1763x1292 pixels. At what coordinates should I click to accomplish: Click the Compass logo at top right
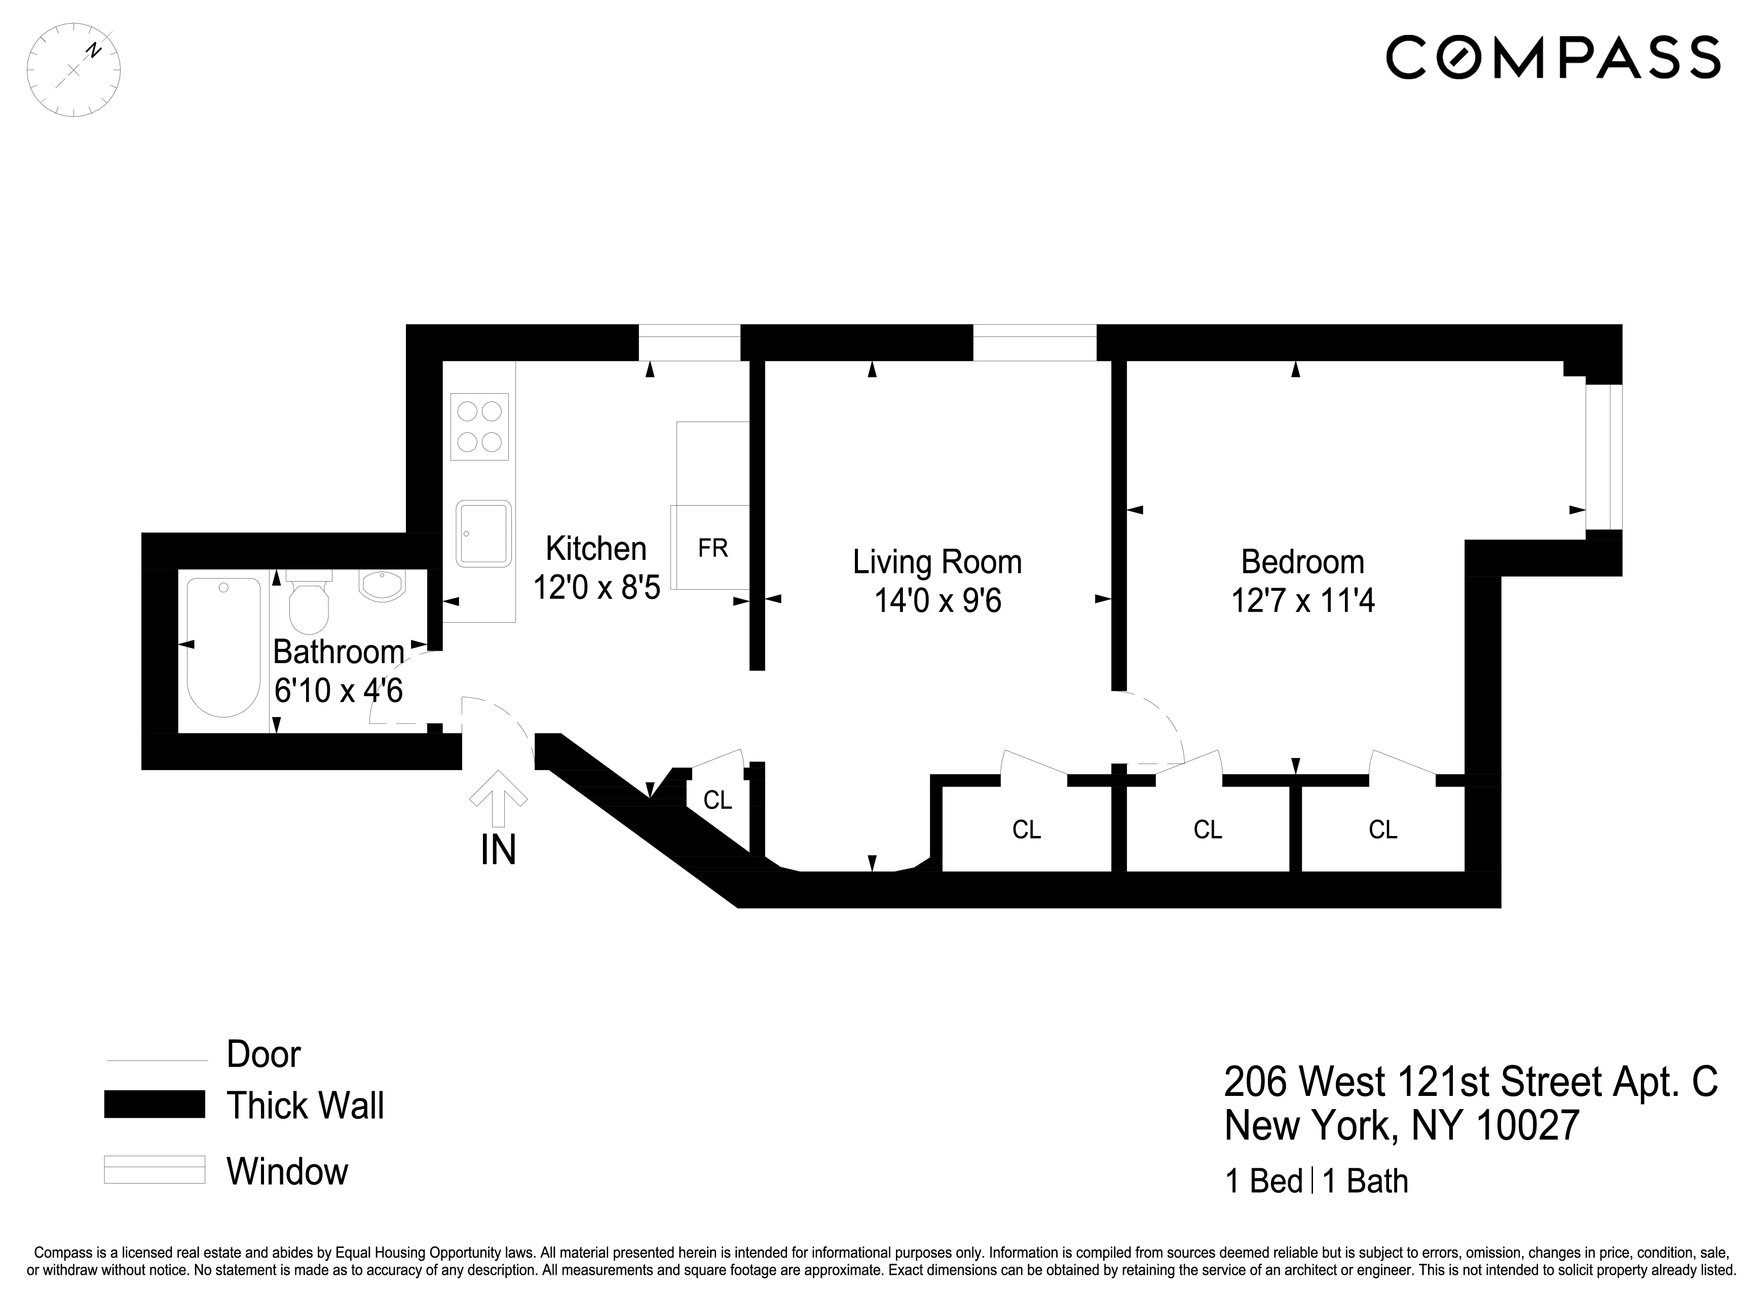[x=1553, y=57]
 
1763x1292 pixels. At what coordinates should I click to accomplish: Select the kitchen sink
[x=484, y=534]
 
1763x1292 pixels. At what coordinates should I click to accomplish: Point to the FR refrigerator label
[x=712, y=548]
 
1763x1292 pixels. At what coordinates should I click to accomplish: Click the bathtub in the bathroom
[x=223, y=647]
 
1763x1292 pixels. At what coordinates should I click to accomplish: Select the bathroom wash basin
[x=383, y=584]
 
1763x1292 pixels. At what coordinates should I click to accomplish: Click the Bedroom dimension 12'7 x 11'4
[x=1302, y=600]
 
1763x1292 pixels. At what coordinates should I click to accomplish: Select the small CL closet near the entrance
[x=717, y=800]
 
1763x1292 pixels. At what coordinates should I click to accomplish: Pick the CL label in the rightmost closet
[x=1382, y=829]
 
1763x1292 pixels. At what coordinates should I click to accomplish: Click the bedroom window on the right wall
[x=1603, y=457]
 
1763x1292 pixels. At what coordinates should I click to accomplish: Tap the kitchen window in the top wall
[x=689, y=343]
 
